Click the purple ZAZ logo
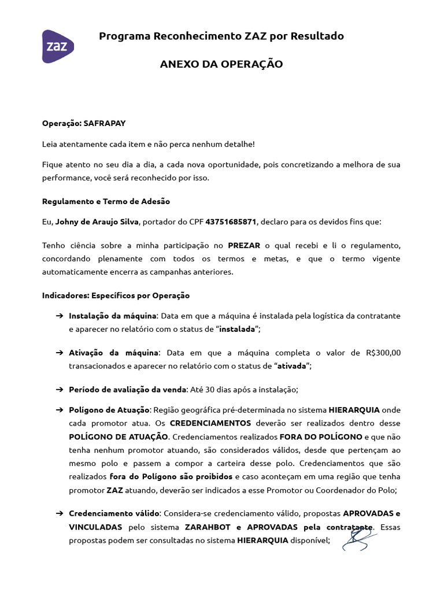tap(58, 46)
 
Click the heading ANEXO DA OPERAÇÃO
tap(221, 64)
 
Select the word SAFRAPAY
tap(105, 123)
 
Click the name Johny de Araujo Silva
tap(97, 221)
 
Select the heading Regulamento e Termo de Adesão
tap(106, 201)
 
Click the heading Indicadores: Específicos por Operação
tap(116, 295)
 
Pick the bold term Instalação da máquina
tap(113, 316)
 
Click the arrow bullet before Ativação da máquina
tap(59, 353)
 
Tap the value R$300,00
tap(383, 353)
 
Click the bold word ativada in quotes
tap(292, 365)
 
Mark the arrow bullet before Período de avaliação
tap(59, 389)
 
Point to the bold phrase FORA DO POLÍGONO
tap(314, 436)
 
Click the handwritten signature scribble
tap(358, 539)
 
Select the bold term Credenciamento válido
tap(114, 513)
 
